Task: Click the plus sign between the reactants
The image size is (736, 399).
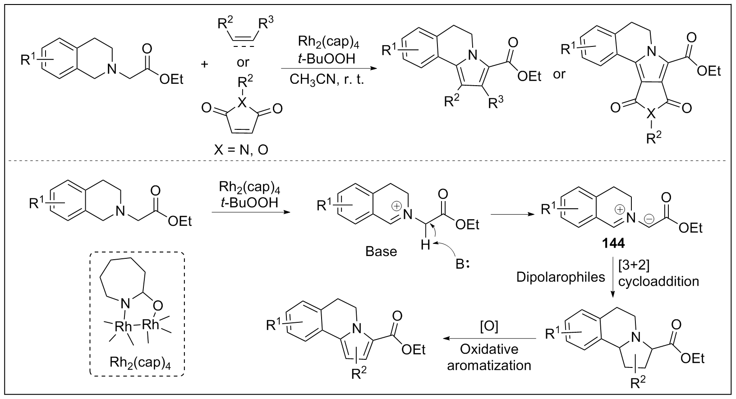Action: [205, 64]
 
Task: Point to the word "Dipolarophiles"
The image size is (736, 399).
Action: [561, 276]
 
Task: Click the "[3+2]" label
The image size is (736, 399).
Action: [634, 266]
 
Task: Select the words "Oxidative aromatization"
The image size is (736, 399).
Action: [489, 357]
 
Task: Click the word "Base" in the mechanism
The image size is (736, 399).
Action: [382, 251]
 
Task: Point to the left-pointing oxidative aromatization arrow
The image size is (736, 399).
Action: [489, 339]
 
